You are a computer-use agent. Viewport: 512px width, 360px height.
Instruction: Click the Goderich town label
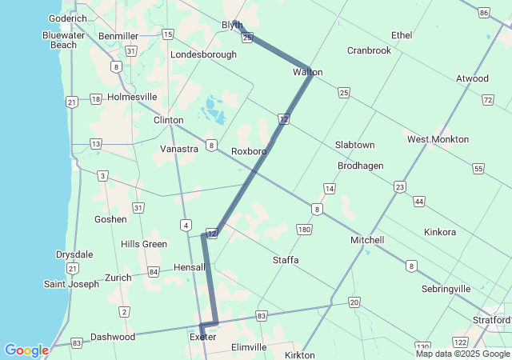67,18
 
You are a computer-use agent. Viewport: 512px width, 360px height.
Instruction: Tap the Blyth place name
232,25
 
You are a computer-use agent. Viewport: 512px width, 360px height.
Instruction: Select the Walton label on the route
307,72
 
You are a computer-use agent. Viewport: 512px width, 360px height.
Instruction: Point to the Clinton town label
168,120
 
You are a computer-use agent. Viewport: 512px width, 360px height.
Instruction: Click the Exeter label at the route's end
202,337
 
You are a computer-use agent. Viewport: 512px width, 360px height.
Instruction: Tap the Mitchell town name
367,240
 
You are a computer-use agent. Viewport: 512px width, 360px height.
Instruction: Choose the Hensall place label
190,266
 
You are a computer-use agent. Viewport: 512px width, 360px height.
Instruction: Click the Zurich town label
118,277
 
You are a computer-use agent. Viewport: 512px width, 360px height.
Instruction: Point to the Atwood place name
472,78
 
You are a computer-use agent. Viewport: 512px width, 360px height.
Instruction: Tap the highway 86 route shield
484,13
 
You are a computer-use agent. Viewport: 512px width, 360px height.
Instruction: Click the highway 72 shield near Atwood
488,99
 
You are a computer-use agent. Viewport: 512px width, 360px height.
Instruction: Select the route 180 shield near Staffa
303,230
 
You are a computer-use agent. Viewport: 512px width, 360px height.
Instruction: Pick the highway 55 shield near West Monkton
478,169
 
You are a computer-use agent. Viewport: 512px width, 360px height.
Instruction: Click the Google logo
27,350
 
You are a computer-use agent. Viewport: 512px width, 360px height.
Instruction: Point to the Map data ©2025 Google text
462,354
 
